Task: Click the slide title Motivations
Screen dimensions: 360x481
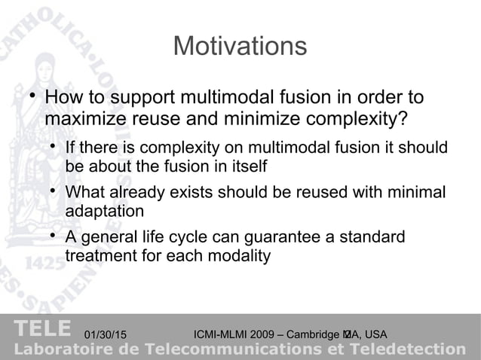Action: point(240,47)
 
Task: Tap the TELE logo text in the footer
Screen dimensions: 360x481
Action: point(42,329)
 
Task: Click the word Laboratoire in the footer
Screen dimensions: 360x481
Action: point(61,349)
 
